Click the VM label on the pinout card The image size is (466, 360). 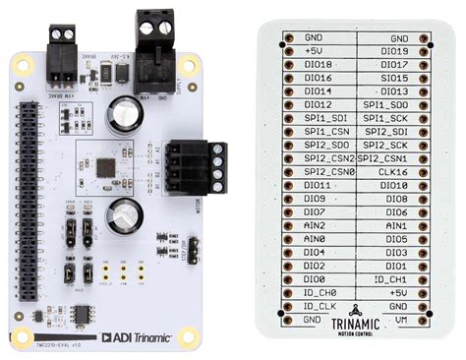coord(399,319)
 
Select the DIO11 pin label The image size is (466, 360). coord(317,185)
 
